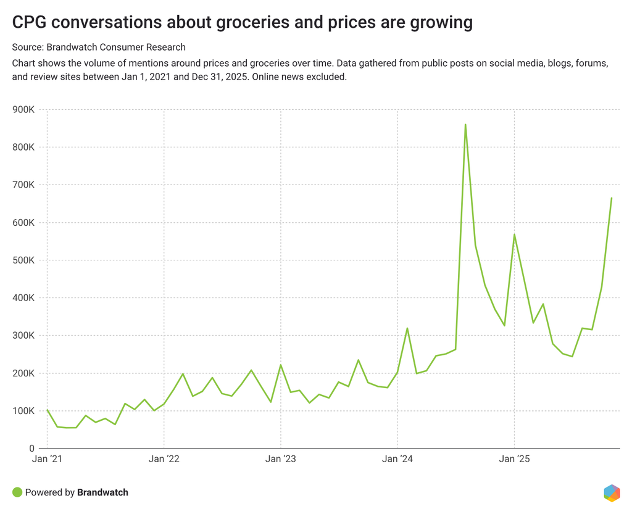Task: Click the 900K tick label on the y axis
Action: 23,110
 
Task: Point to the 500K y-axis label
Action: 23,260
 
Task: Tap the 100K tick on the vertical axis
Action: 23,411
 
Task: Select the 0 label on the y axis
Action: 31,449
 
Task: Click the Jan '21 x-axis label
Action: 48,459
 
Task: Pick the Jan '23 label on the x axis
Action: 281,459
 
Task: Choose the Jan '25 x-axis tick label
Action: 514,459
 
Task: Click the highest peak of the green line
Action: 465,125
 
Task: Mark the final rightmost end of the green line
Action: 611,198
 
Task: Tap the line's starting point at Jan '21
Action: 48,410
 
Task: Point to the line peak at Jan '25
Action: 514,234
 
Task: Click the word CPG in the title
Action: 29,23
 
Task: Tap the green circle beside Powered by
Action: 17,492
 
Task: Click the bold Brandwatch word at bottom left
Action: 102,492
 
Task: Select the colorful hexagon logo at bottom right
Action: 612,493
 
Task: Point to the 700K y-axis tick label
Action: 23,185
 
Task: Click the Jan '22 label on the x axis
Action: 164,459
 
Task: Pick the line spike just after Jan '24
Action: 407,328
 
